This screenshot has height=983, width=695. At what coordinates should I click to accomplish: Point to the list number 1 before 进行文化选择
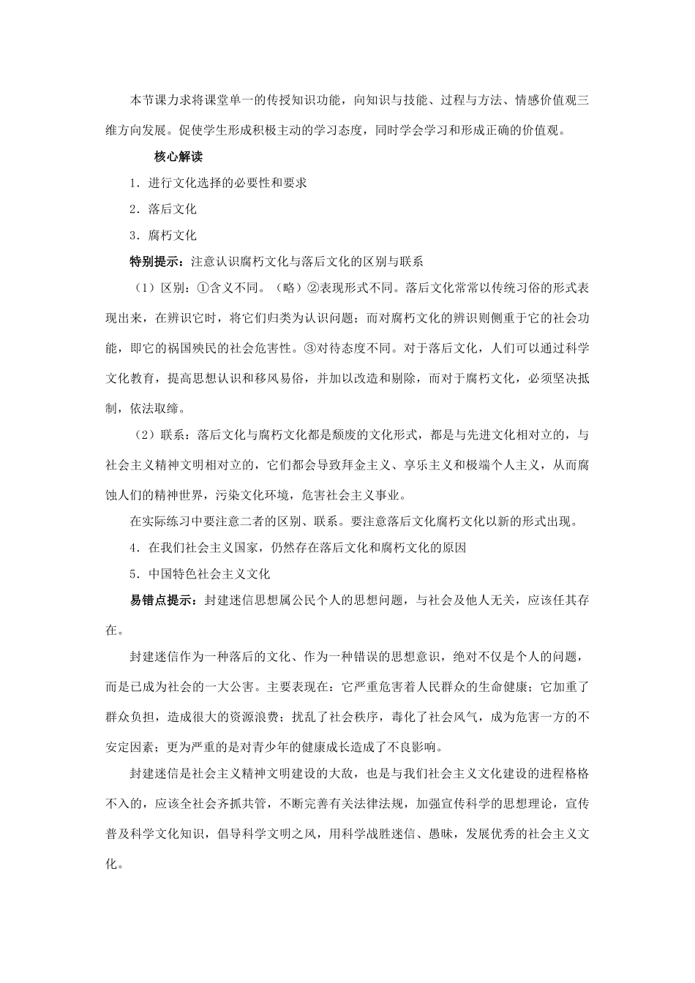click(x=133, y=183)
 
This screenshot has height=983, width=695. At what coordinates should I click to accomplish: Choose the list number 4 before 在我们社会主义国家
click(x=133, y=547)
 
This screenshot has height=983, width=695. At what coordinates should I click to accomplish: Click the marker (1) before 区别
click(x=143, y=287)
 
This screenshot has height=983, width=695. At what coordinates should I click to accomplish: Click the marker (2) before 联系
click(x=143, y=435)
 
